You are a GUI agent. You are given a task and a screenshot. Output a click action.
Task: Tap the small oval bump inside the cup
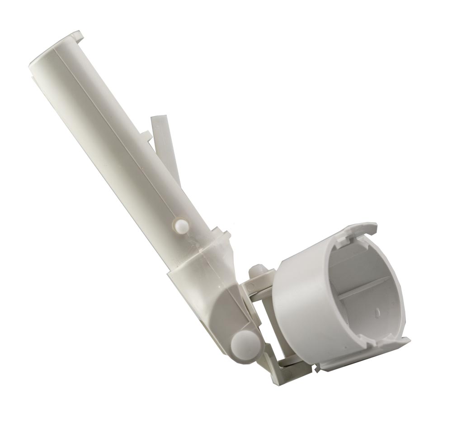click(376, 312)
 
